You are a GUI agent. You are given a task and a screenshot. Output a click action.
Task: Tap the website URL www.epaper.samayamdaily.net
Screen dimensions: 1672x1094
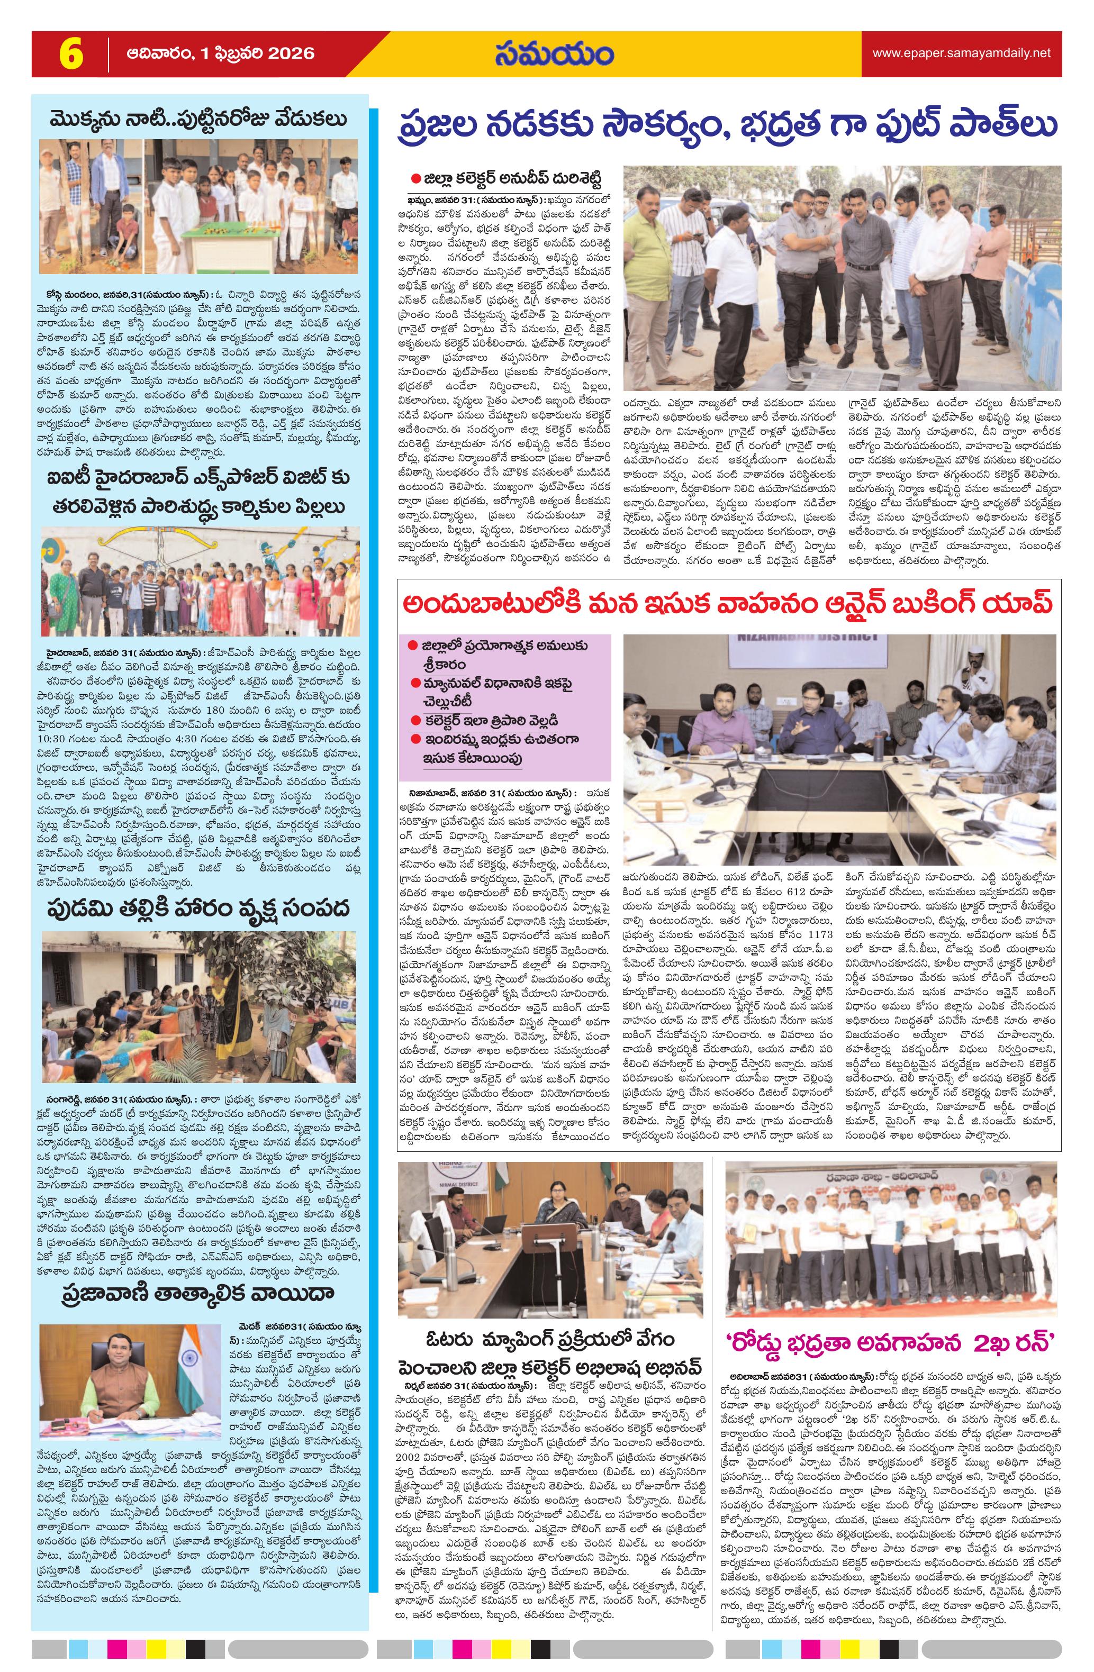point(961,53)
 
